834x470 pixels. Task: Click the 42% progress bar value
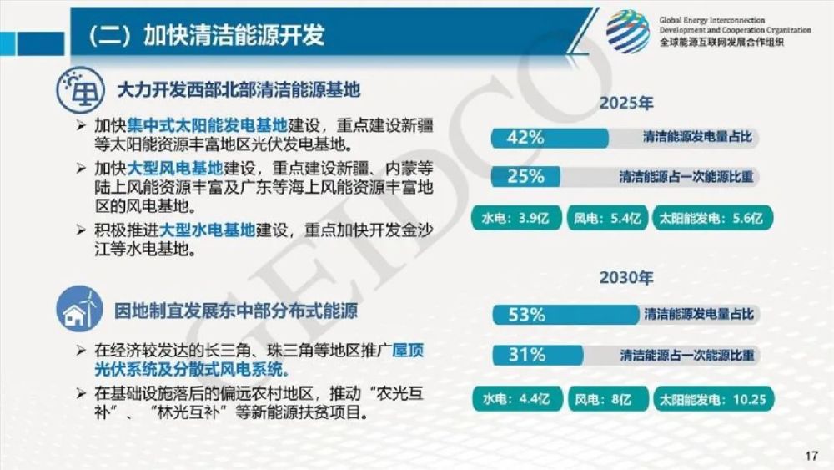(x=525, y=138)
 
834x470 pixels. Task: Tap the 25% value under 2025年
(x=525, y=176)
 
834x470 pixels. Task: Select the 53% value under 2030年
(x=526, y=315)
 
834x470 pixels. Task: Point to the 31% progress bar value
(x=526, y=355)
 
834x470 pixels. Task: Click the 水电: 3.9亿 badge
(x=516, y=218)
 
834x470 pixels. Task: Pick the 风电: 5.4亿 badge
(x=607, y=218)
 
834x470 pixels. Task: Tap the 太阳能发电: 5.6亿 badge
(x=712, y=218)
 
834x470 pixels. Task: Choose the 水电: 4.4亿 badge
(x=517, y=399)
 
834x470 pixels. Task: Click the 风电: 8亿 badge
(x=608, y=399)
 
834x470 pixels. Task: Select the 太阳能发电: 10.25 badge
(x=713, y=399)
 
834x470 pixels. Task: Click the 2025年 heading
(x=626, y=103)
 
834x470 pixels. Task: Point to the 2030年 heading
(x=626, y=277)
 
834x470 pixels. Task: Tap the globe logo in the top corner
(x=628, y=32)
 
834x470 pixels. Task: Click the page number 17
(x=811, y=456)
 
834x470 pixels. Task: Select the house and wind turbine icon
(x=79, y=309)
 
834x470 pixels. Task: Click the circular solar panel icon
(x=80, y=89)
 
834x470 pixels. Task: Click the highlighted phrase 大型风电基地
(x=175, y=169)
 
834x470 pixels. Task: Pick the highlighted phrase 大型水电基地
(x=208, y=230)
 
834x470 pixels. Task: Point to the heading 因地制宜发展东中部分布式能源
(x=236, y=311)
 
